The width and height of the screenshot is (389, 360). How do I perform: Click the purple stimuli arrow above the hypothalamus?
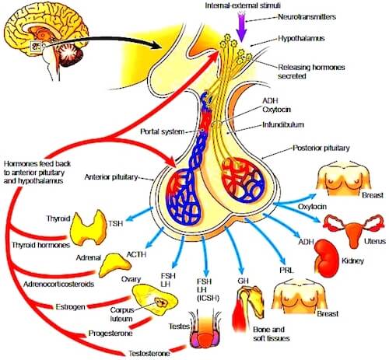tap(242, 28)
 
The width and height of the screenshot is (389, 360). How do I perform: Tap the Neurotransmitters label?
tap(307, 17)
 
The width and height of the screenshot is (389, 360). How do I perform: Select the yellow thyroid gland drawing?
tap(89, 228)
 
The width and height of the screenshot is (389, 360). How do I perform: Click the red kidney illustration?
tap(327, 258)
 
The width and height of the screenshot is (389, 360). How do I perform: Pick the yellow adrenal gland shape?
tap(114, 264)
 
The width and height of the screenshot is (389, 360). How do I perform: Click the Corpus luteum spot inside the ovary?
tap(161, 302)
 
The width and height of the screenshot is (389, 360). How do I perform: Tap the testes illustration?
tap(205, 329)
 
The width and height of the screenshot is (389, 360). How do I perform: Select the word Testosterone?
tap(149, 354)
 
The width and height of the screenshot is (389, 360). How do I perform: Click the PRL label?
tap(286, 271)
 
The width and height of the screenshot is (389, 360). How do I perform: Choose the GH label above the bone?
tap(243, 281)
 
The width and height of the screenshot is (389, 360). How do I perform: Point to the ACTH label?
tap(136, 254)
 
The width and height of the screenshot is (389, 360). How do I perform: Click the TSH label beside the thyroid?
tap(116, 223)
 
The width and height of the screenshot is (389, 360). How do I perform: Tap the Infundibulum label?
tap(283, 124)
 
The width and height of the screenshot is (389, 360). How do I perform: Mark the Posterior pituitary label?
tap(321, 148)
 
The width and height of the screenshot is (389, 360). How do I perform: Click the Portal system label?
tap(163, 131)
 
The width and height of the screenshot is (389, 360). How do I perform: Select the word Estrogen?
tap(71, 307)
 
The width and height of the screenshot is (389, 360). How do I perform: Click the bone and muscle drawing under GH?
tap(248, 309)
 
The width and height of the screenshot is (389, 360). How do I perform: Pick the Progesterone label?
tap(110, 334)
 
